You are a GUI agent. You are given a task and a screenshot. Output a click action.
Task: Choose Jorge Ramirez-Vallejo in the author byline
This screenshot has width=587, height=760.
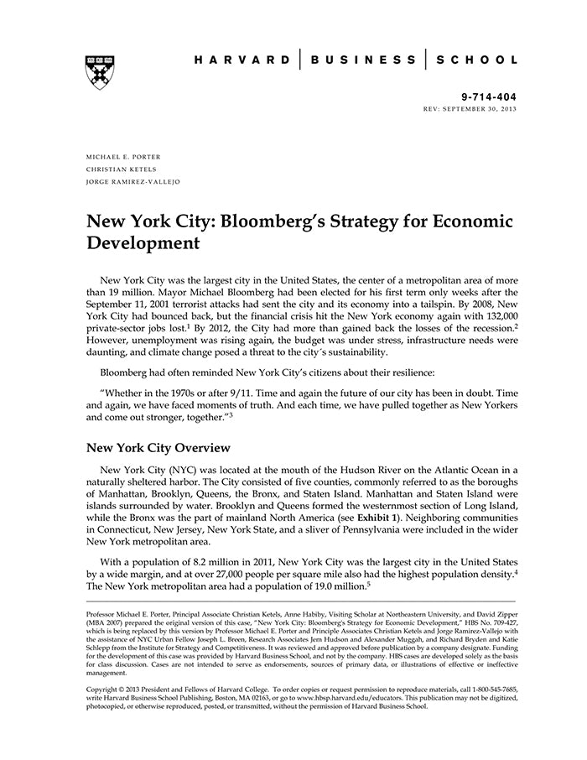coord(132,181)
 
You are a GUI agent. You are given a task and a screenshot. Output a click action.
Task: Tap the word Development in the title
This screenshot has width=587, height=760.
coord(143,244)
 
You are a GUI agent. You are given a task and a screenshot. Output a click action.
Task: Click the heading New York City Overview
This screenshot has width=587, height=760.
coord(158,448)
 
